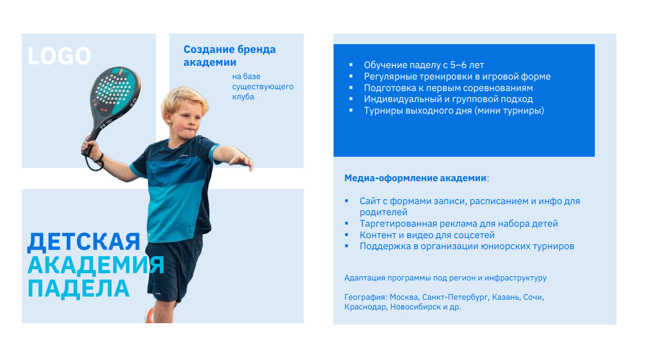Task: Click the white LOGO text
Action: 59,56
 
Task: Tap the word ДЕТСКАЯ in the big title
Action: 84,242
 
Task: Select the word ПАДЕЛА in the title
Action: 79,289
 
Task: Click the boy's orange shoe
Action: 150,315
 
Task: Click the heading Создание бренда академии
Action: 230,56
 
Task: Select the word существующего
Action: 263,86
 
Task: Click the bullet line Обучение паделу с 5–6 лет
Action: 424,65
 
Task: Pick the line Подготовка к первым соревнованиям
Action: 449,88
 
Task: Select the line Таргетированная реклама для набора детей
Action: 459,223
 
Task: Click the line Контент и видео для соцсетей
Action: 427,235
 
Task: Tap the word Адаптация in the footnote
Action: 364,278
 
